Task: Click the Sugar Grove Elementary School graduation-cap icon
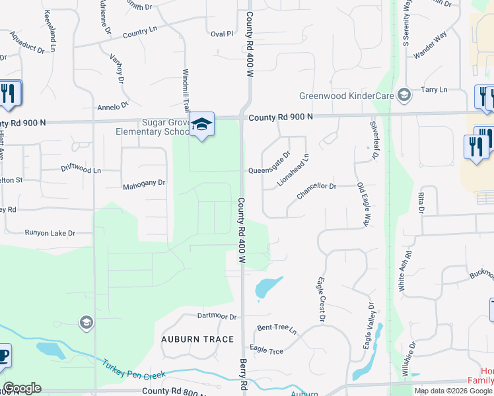tap(202, 124)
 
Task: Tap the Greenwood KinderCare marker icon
tap(404, 96)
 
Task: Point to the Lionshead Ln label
tap(293, 170)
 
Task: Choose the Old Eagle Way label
tap(362, 205)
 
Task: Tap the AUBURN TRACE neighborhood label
tap(197, 339)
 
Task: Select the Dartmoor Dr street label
tap(216, 317)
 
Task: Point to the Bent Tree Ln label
tap(277, 328)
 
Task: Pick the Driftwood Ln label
tap(81, 170)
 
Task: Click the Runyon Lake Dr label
tap(50, 233)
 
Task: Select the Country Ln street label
tap(139, 31)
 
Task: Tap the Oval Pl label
tap(221, 34)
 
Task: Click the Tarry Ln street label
tap(434, 89)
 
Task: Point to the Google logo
tap(22, 388)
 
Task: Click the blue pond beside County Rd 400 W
tap(267, 286)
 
